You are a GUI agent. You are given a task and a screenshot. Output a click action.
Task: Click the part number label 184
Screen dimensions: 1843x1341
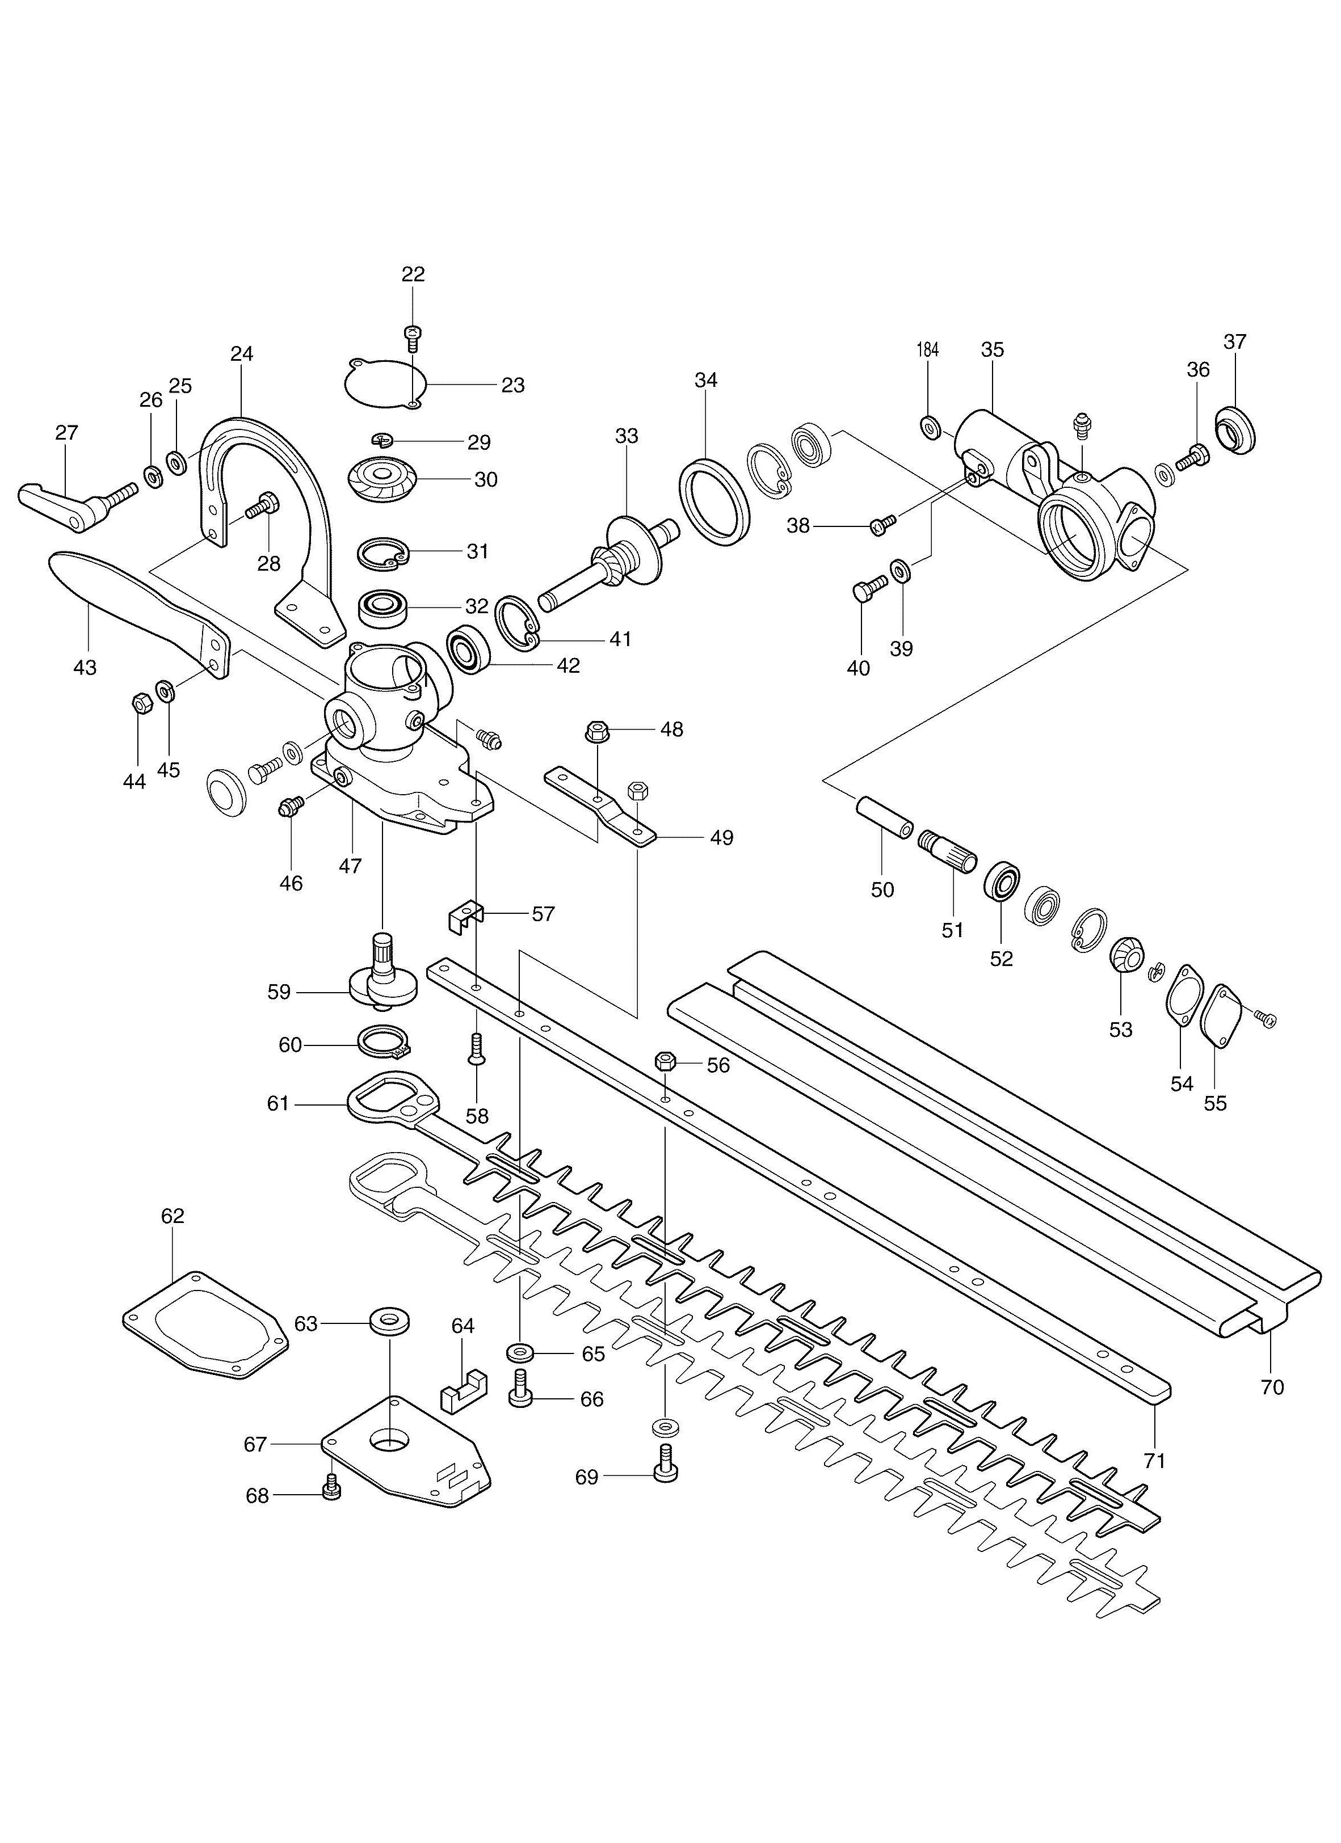click(927, 349)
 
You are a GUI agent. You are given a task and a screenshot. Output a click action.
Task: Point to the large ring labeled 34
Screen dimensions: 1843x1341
click(712, 502)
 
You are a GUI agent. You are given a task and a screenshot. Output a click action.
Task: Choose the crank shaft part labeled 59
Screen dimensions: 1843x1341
click(384, 975)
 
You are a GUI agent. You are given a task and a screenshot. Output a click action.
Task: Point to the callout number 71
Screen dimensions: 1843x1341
click(1154, 1460)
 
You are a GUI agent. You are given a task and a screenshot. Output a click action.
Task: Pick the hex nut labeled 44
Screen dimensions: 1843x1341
click(138, 703)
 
